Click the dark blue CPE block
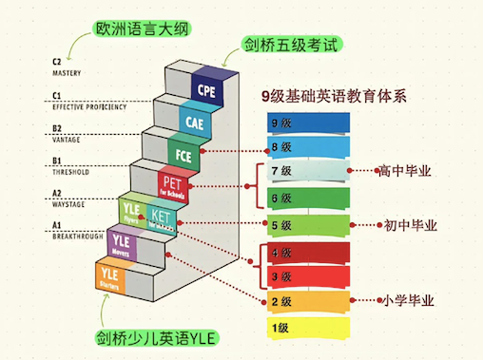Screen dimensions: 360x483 206,88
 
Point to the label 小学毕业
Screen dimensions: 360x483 410,301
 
